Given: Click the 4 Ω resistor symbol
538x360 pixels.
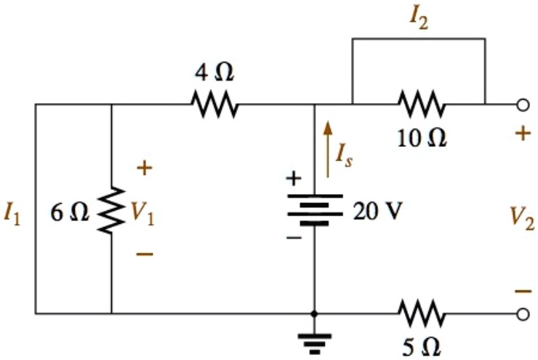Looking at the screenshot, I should pos(214,104).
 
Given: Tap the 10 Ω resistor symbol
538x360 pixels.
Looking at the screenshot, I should pos(421,104).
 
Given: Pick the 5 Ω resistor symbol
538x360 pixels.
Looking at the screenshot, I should pos(421,314).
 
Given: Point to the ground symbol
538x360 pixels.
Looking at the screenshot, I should pos(313,340).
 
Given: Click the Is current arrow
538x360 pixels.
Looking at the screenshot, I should pos(328,149).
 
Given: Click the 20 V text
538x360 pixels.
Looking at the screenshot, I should pos(377,212).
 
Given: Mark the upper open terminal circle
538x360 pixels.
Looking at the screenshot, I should pos(521,105).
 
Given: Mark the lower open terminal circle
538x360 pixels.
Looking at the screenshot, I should pos(521,314).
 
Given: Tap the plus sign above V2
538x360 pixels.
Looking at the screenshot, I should pos(522,136).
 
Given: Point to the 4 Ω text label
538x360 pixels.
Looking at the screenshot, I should pos(214,73).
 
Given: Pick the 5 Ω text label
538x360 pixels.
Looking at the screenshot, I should pos(421,346).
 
